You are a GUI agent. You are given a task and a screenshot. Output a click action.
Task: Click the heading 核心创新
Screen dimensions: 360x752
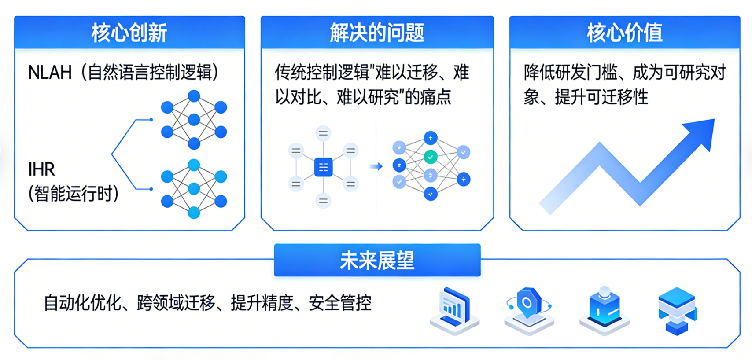tap(129, 33)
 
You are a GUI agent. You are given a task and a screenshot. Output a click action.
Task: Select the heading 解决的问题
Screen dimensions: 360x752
tap(377, 33)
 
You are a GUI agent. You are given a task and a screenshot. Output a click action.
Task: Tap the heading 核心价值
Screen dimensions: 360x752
tap(624, 33)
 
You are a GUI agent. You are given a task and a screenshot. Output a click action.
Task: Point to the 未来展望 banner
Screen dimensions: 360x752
tap(377, 261)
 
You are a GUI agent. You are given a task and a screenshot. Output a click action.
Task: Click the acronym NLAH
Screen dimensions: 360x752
tap(50, 73)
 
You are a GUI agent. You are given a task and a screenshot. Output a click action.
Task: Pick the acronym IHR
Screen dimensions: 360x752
tap(41, 169)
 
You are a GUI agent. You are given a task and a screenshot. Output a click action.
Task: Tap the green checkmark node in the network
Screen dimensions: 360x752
tap(430, 157)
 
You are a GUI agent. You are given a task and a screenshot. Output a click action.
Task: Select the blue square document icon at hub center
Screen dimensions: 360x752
tap(323, 167)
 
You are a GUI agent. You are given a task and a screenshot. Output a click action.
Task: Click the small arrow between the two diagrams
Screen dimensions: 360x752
tap(376, 166)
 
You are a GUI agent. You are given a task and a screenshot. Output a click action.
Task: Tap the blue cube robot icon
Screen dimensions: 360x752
tap(604, 308)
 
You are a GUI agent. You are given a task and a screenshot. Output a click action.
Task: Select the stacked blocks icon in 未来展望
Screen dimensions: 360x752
tap(677, 310)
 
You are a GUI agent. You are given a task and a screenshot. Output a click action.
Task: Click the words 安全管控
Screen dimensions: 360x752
tap(340, 303)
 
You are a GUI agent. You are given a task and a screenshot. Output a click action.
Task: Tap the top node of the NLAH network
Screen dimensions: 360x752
tap(194, 96)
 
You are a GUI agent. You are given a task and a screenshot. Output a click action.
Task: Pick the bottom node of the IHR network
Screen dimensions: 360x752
tap(194, 213)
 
